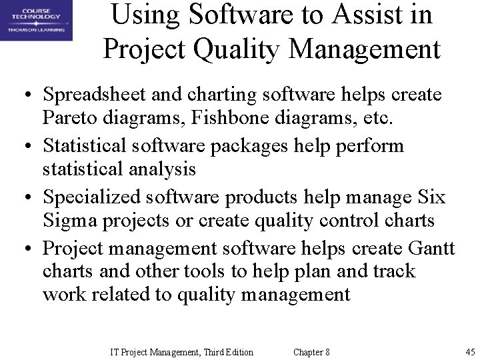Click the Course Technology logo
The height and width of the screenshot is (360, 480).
coord(36,20)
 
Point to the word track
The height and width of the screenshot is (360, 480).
coord(392,272)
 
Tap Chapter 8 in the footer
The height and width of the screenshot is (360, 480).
coord(311,351)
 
